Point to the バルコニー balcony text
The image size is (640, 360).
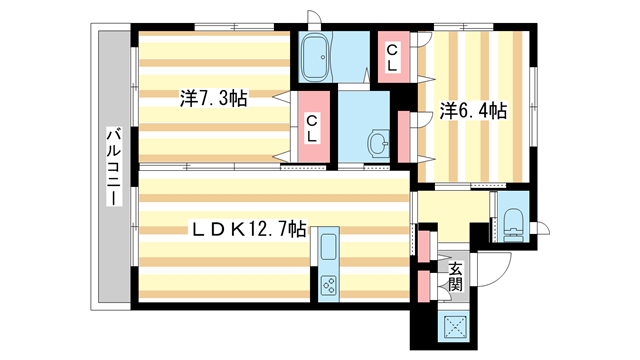115,167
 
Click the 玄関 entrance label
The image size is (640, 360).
454,276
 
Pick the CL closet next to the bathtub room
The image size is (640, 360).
392,58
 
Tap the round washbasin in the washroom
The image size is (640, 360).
377,144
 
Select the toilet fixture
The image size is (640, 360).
513,223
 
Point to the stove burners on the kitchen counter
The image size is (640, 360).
329,285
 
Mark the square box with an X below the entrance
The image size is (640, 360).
458,326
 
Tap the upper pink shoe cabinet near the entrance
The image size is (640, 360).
424,246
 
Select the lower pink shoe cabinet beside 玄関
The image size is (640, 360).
424,286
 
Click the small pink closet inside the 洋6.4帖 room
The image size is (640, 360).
402,129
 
